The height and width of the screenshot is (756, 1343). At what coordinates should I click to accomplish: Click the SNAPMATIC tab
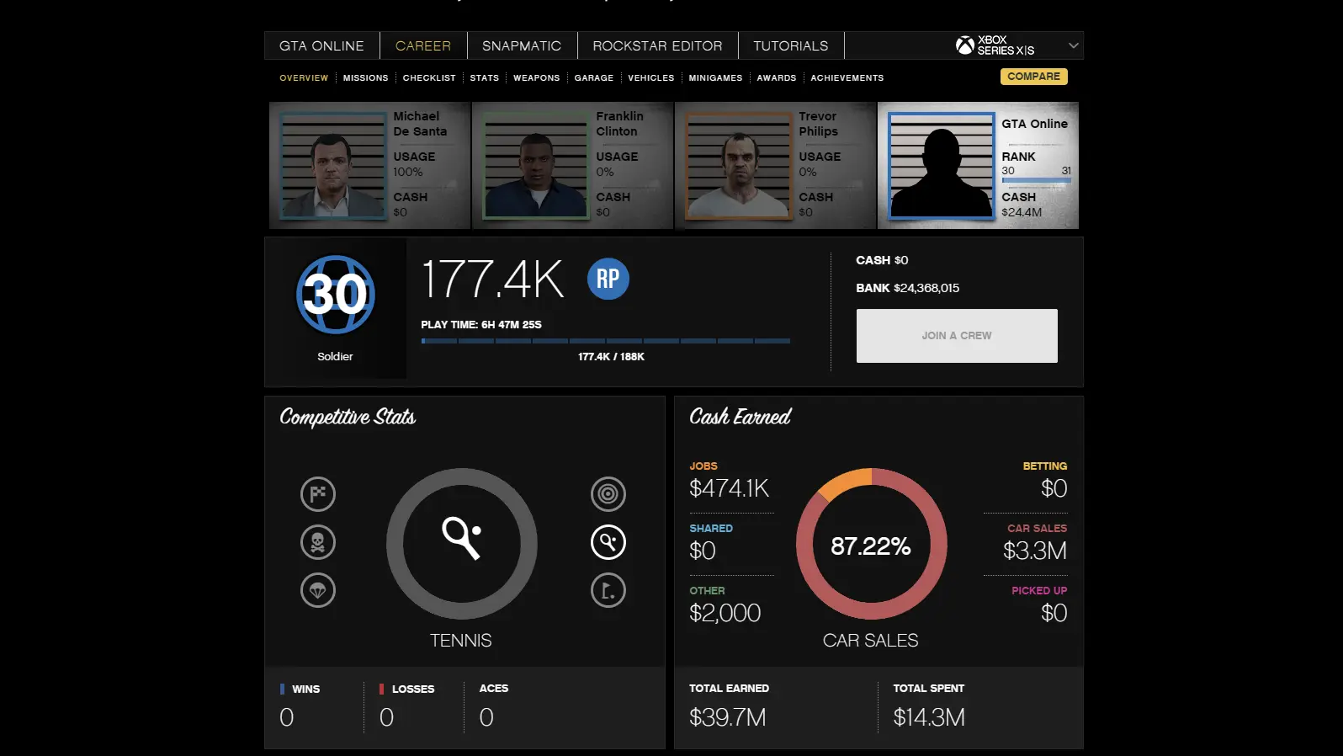(x=521, y=45)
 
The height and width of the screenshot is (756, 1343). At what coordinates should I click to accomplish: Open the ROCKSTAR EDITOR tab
(x=657, y=45)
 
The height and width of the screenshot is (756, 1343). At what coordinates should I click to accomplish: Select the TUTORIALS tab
(x=790, y=45)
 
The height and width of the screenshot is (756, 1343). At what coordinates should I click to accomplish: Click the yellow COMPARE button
(x=1033, y=77)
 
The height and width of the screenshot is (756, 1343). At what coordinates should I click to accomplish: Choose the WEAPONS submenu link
(x=536, y=77)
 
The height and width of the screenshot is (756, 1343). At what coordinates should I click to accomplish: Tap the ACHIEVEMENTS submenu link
(x=847, y=77)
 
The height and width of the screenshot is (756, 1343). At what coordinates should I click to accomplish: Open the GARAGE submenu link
(x=593, y=77)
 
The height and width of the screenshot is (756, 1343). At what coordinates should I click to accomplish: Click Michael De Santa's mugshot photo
(x=332, y=166)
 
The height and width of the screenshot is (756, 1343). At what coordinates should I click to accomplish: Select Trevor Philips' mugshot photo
(x=738, y=166)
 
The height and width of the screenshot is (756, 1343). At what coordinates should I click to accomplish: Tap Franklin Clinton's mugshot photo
(x=535, y=166)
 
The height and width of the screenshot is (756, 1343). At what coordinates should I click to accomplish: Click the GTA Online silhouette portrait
(x=941, y=166)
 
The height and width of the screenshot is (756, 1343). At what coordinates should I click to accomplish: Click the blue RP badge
(x=608, y=279)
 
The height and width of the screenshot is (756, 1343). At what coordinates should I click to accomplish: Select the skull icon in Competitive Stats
(x=318, y=542)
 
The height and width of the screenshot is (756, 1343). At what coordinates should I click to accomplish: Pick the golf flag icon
(x=608, y=590)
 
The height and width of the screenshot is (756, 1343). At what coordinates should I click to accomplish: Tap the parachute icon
(x=318, y=590)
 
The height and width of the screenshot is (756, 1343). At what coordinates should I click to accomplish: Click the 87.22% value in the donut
(x=871, y=546)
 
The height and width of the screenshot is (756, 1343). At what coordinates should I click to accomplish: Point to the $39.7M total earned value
(x=727, y=717)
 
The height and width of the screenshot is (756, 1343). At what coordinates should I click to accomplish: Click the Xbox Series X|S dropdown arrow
(x=1073, y=45)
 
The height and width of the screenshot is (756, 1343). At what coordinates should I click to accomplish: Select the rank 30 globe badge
(x=335, y=295)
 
